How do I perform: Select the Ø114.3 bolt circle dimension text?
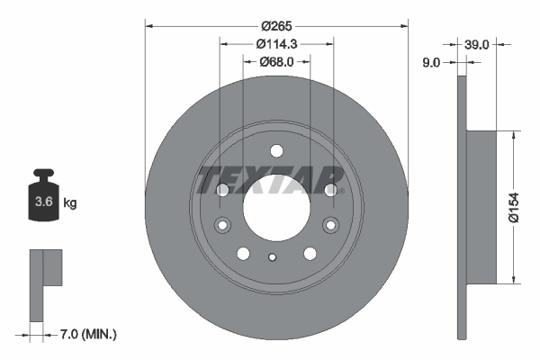(x=277, y=43)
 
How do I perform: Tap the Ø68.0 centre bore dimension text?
(x=277, y=62)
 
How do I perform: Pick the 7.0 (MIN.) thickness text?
(x=86, y=335)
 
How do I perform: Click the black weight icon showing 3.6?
(x=42, y=199)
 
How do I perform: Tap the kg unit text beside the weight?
(x=70, y=203)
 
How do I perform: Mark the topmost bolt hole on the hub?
(x=276, y=150)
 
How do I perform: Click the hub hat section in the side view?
(x=481, y=205)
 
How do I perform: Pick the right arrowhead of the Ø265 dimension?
(x=404, y=26)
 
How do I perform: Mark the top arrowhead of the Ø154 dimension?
(x=513, y=135)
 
